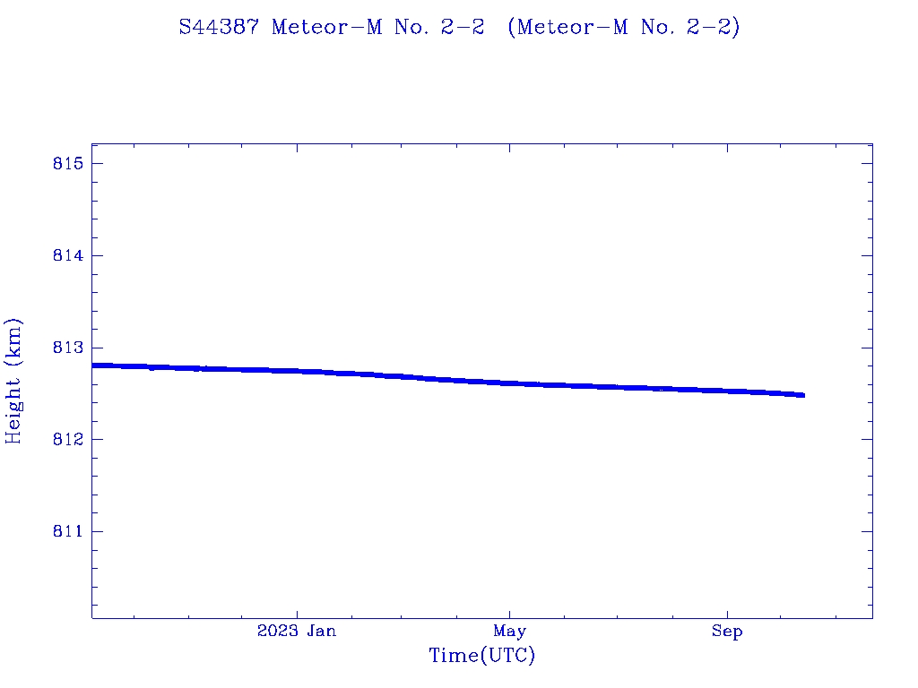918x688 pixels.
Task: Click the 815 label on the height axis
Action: (68, 164)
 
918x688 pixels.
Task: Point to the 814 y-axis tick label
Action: (68, 255)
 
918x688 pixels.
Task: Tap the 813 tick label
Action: (68, 348)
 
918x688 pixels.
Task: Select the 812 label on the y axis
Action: (68, 440)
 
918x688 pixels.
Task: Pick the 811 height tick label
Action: (68, 531)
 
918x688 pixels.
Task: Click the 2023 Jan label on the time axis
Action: (297, 632)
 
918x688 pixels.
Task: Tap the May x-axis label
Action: (509, 632)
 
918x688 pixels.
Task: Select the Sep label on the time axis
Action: (727, 632)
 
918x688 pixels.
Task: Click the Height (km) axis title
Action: (14, 381)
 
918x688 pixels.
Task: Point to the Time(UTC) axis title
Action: (482, 656)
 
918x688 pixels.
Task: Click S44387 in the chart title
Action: (219, 28)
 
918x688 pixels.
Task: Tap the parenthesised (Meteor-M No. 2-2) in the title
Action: (624, 28)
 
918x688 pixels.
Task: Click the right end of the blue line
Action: (803, 395)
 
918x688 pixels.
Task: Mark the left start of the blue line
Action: (93, 365)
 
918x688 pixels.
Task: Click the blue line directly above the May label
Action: (509, 383)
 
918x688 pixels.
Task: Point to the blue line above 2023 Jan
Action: (297, 371)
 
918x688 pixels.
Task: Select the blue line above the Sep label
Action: (727, 391)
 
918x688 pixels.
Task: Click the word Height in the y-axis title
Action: (14, 408)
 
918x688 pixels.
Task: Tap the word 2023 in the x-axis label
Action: (276, 632)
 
